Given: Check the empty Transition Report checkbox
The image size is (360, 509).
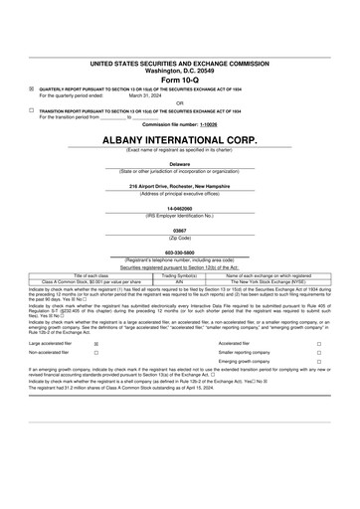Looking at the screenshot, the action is point(31,109).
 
